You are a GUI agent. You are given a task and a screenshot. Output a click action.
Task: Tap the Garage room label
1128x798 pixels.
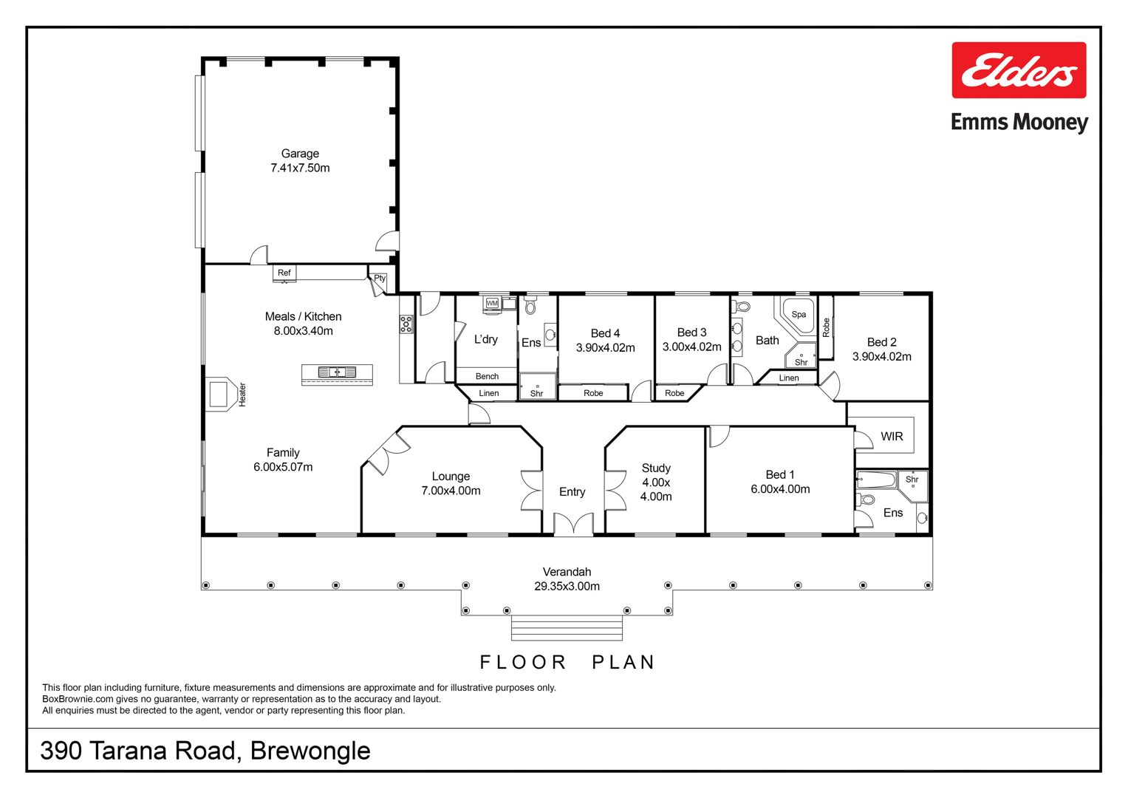(x=300, y=153)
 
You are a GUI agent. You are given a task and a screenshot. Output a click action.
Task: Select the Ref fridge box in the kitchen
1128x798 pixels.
(x=284, y=273)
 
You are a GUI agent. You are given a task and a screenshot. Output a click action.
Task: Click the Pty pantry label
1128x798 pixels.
(x=380, y=278)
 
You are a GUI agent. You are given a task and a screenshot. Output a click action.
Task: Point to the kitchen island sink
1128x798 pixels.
(x=338, y=372)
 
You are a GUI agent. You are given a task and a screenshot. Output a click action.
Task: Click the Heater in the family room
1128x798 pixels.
(x=222, y=394)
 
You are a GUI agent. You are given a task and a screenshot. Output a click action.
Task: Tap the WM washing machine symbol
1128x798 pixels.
(x=492, y=303)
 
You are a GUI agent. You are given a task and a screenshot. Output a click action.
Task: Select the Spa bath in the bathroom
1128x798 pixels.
(x=798, y=316)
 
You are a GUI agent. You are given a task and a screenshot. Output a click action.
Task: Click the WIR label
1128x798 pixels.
(x=892, y=436)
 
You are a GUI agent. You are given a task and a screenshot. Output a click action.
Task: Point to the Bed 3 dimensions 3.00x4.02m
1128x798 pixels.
(x=692, y=347)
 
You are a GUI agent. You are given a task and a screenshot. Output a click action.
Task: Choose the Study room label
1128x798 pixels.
(x=656, y=468)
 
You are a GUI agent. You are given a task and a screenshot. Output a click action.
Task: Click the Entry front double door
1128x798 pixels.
(x=573, y=523)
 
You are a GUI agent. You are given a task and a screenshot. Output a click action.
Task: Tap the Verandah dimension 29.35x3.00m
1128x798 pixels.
(x=567, y=587)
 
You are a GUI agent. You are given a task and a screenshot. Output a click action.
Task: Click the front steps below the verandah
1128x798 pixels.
(x=567, y=628)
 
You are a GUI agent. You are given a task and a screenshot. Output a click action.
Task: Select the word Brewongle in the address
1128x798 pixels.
(x=310, y=751)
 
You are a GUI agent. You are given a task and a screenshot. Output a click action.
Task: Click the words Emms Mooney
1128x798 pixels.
(x=1019, y=123)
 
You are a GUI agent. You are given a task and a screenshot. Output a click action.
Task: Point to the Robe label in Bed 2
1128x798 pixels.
(x=826, y=327)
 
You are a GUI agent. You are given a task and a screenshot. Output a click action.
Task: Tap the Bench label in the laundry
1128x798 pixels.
(x=487, y=376)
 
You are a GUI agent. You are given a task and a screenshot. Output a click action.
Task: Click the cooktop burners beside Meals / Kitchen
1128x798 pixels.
(x=406, y=324)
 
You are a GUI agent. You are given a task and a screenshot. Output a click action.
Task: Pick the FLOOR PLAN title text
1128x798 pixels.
(x=567, y=663)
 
